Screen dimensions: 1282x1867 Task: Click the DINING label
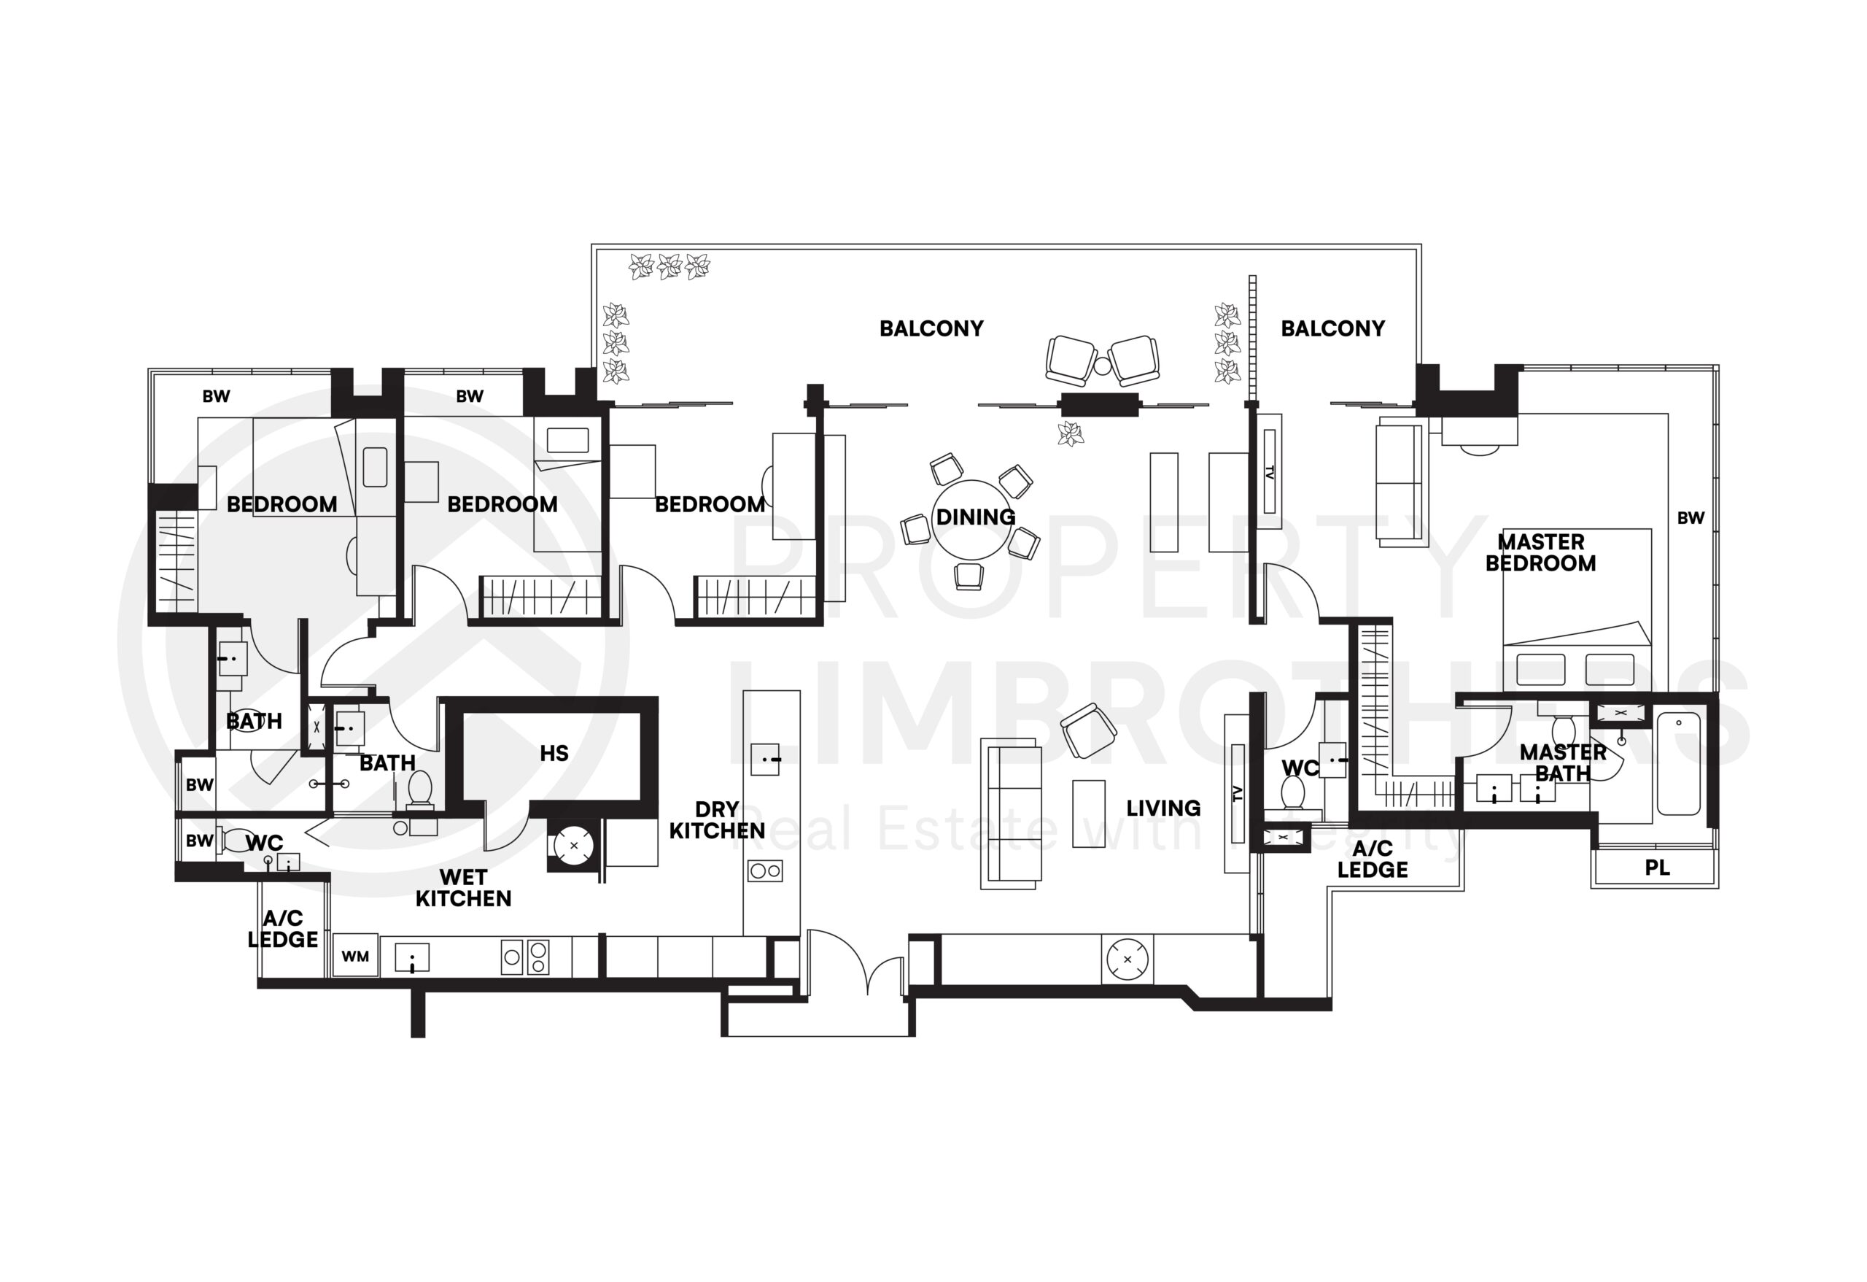975,516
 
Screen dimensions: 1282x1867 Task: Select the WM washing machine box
355,956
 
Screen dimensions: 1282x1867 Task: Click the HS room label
554,753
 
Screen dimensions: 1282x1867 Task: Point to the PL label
1656,868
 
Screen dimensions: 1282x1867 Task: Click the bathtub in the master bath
1678,762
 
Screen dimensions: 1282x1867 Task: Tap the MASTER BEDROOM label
1540,552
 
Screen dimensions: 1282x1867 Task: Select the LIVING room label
1162,808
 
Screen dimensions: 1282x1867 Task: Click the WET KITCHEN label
462,887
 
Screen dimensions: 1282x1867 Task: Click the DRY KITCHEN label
717,820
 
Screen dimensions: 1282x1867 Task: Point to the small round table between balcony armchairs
1102,366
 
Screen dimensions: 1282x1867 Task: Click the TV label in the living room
1237,794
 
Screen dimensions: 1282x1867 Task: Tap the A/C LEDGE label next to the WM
283,928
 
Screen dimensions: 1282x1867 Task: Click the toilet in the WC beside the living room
1292,793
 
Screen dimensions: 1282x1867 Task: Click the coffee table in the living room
1089,813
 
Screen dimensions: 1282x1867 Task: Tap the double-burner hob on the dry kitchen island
764,870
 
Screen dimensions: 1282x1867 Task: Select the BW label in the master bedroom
1691,517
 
